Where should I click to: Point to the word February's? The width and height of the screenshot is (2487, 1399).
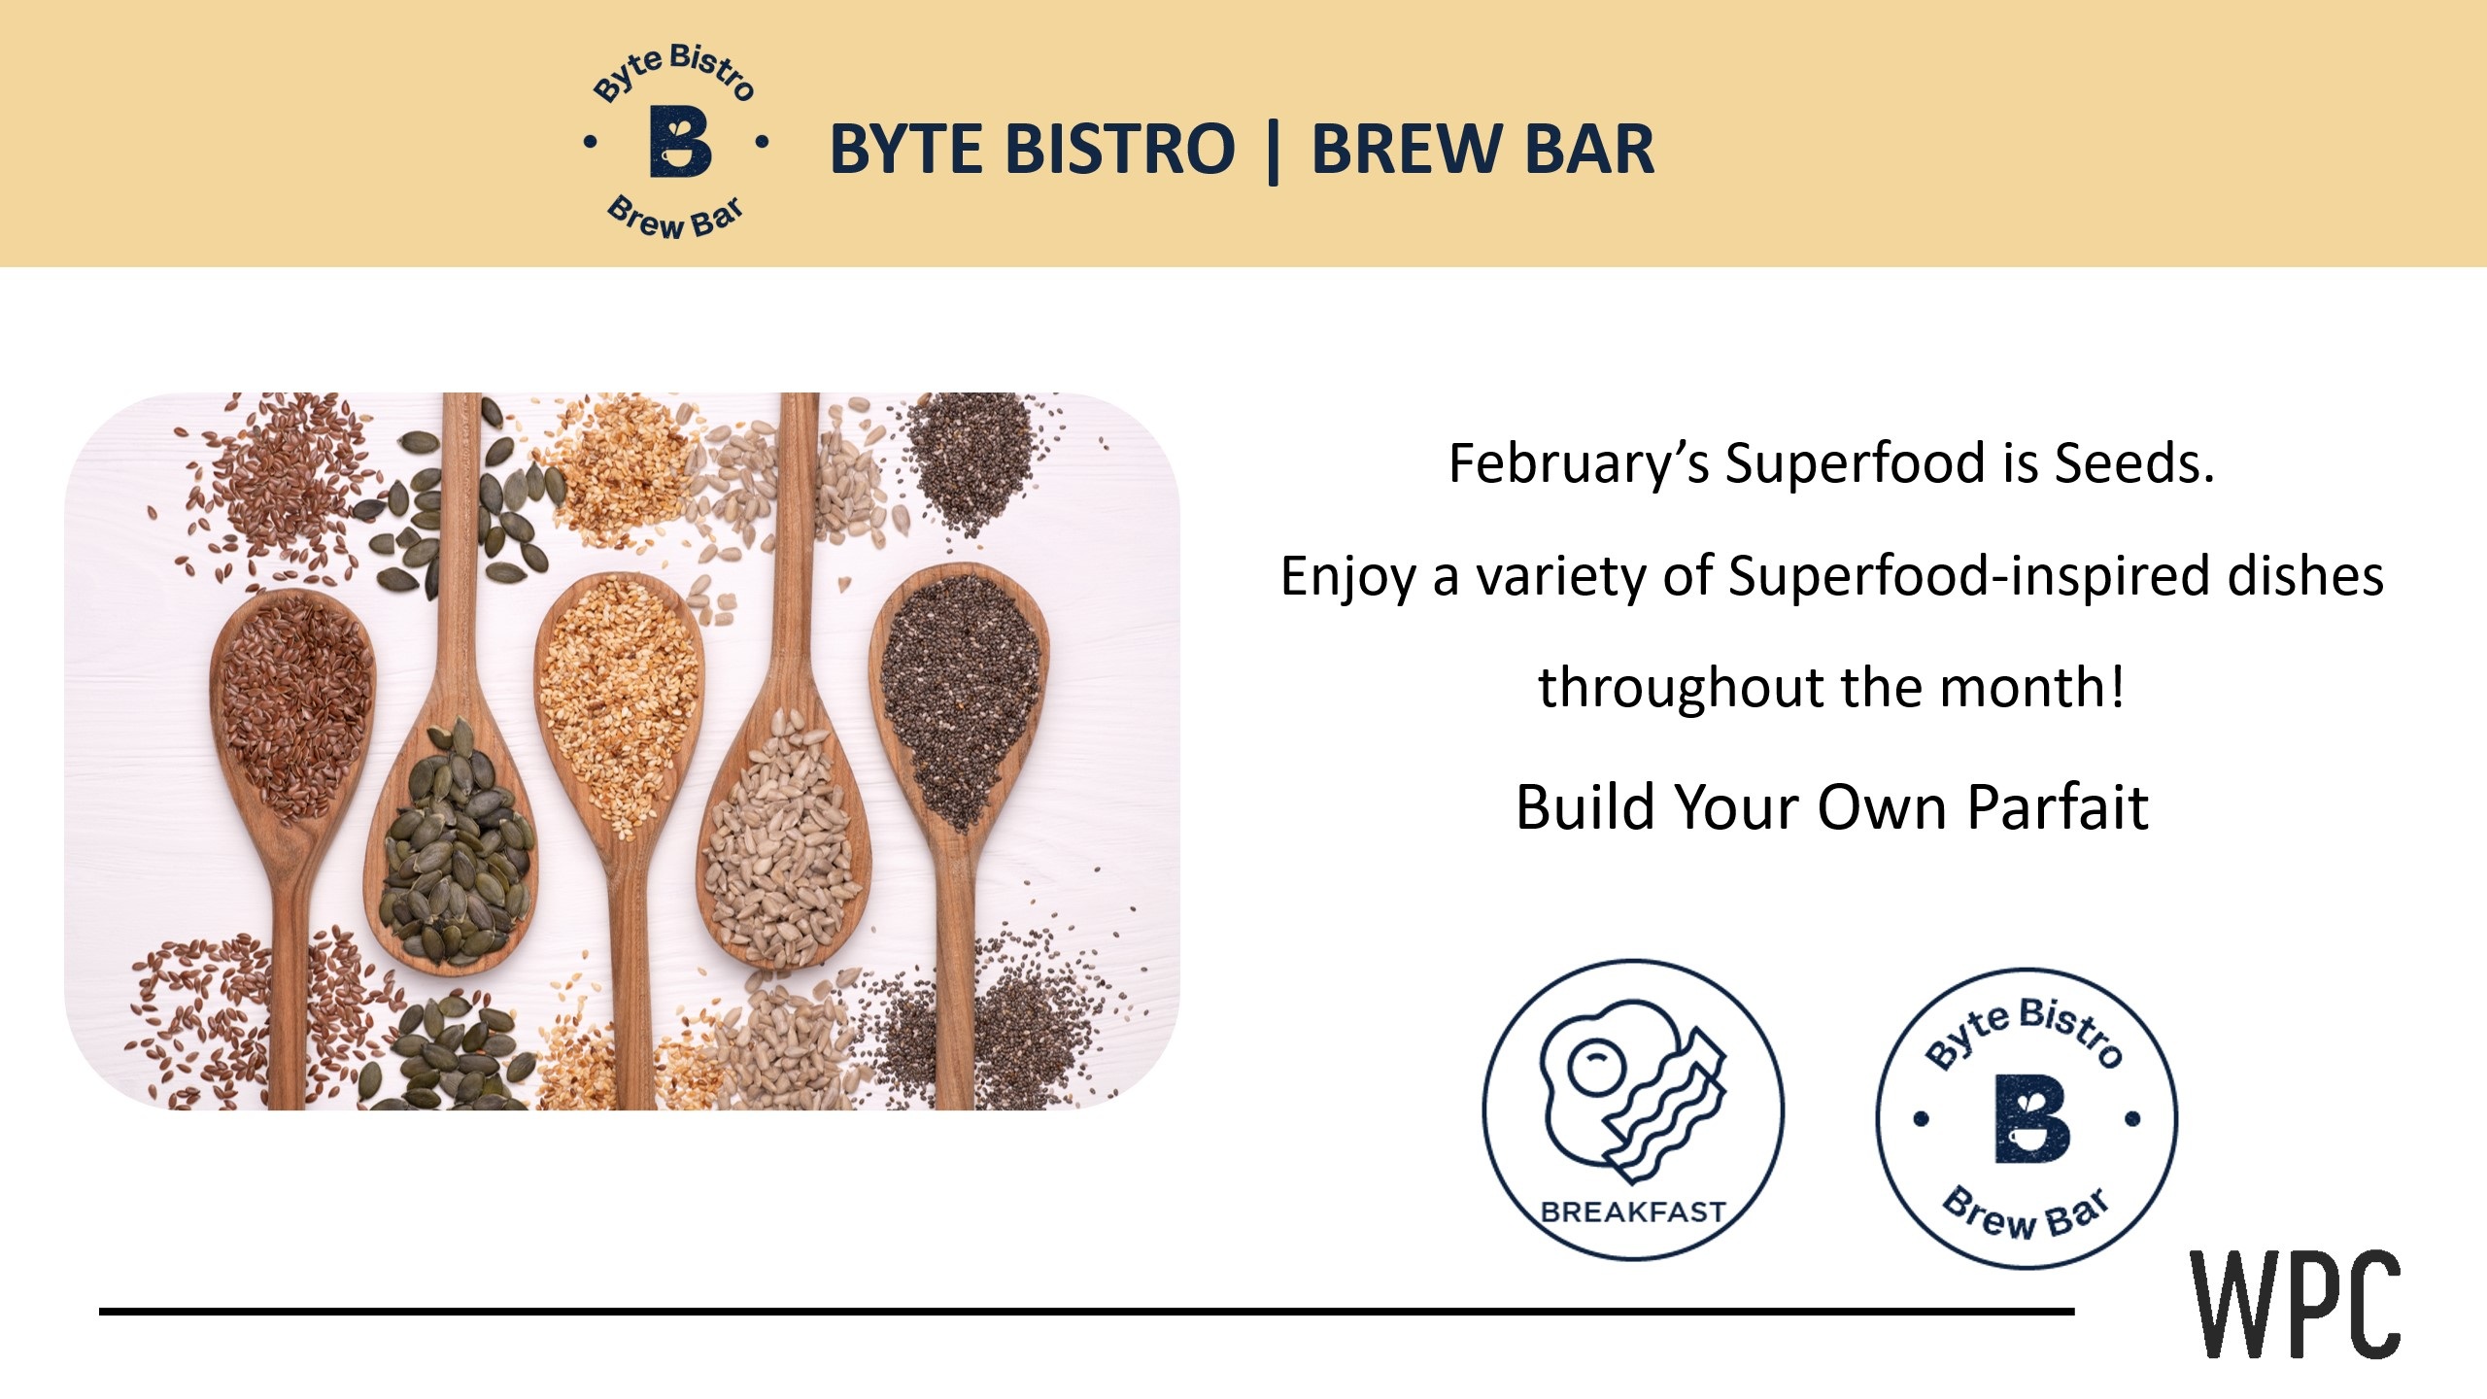[x=1578, y=463]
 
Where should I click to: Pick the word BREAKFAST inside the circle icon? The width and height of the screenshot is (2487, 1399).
[x=1632, y=1212]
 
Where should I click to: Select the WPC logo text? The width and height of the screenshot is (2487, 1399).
[x=2295, y=1306]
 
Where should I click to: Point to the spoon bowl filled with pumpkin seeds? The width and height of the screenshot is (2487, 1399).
[x=453, y=855]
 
